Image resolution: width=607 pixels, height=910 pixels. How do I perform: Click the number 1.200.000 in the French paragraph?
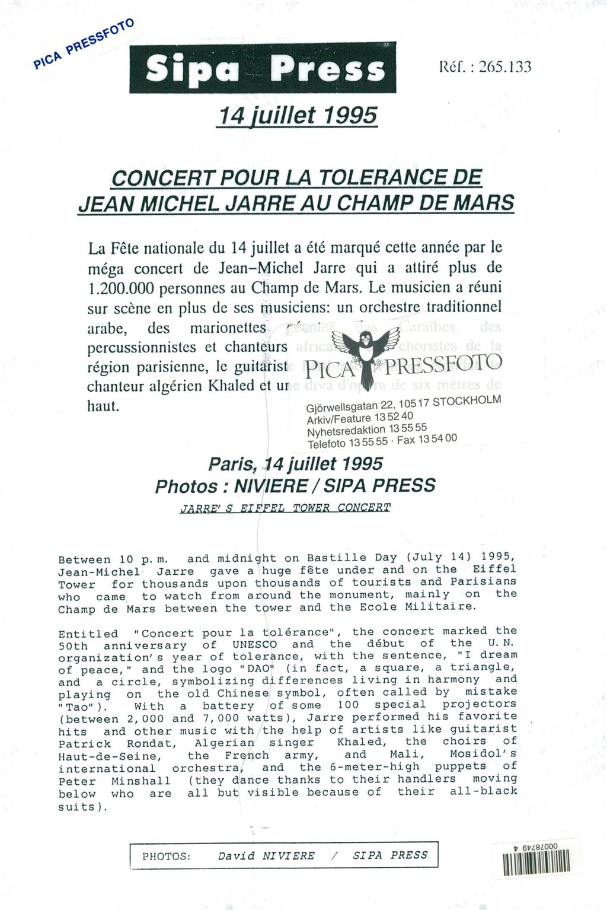coord(121,288)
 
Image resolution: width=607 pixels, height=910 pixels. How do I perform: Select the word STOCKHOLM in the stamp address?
coord(467,401)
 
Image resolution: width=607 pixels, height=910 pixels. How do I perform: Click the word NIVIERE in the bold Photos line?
coord(271,486)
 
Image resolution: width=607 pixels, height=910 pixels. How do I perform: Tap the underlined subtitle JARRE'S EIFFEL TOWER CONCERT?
coord(285,508)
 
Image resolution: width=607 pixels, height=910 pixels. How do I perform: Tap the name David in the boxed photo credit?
coord(237,856)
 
